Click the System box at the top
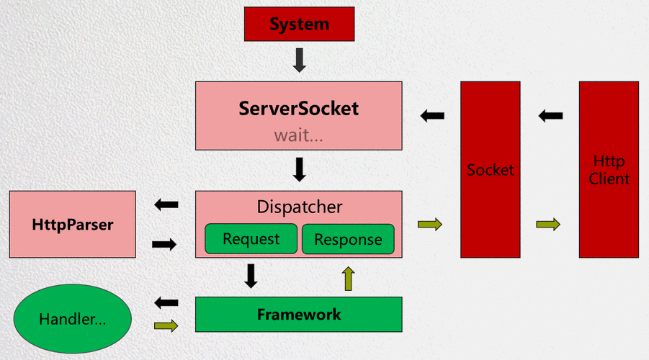pyautogui.click(x=300, y=24)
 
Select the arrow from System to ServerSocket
pyautogui.click(x=300, y=60)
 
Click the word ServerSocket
pyautogui.click(x=299, y=109)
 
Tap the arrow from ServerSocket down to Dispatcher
pyautogui.click(x=300, y=169)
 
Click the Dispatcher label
pyautogui.click(x=300, y=207)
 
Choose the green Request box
pyautogui.click(x=251, y=239)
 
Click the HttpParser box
pyautogui.click(x=73, y=225)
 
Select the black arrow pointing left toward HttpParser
pyautogui.click(x=166, y=205)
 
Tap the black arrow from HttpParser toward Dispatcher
pyautogui.click(x=165, y=245)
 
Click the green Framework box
pyautogui.click(x=299, y=315)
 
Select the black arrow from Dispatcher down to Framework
pyautogui.click(x=251, y=276)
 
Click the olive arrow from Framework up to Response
pyautogui.click(x=349, y=278)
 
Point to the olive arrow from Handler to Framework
pyautogui.click(x=166, y=326)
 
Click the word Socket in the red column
pyautogui.click(x=491, y=171)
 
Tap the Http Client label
pyautogui.click(x=609, y=170)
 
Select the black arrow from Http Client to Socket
pyautogui.click(x=551, y=115)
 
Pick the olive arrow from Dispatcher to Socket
pyautogui.click(x=430, y=225)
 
